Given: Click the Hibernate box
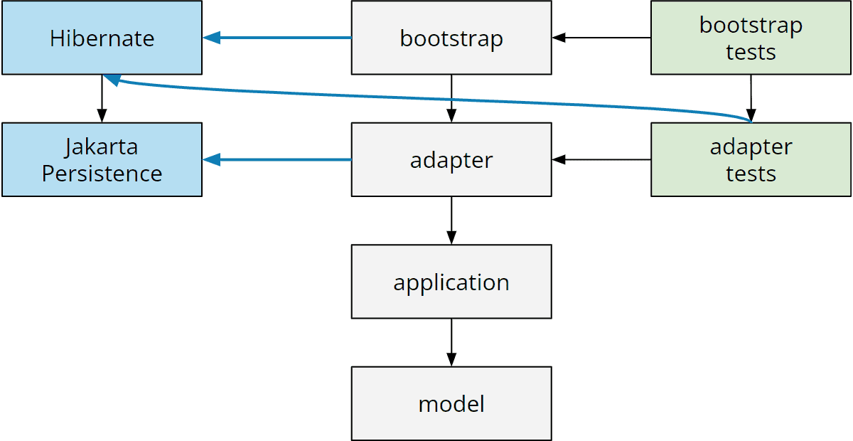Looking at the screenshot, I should (102, 38).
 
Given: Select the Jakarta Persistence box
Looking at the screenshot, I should (102, 160).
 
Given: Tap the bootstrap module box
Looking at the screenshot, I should (451, 38).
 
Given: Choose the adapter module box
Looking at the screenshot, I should (451, 160).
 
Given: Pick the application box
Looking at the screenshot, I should (451, 282).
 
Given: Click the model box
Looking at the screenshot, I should (451, 404).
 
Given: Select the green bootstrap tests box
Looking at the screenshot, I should (751, 38).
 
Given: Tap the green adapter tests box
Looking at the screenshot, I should (751, 160).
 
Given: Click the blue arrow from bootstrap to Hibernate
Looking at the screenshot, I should (277, 38).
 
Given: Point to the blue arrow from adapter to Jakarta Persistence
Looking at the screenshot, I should (277, 160).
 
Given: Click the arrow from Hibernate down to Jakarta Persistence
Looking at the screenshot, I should (102, 98).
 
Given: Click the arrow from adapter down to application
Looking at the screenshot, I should (451, 220).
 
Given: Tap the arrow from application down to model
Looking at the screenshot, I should (451, 342).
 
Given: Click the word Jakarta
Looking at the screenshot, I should (102, 147).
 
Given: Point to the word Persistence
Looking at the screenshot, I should (102, 174).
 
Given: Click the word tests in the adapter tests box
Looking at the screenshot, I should (751, 174).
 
